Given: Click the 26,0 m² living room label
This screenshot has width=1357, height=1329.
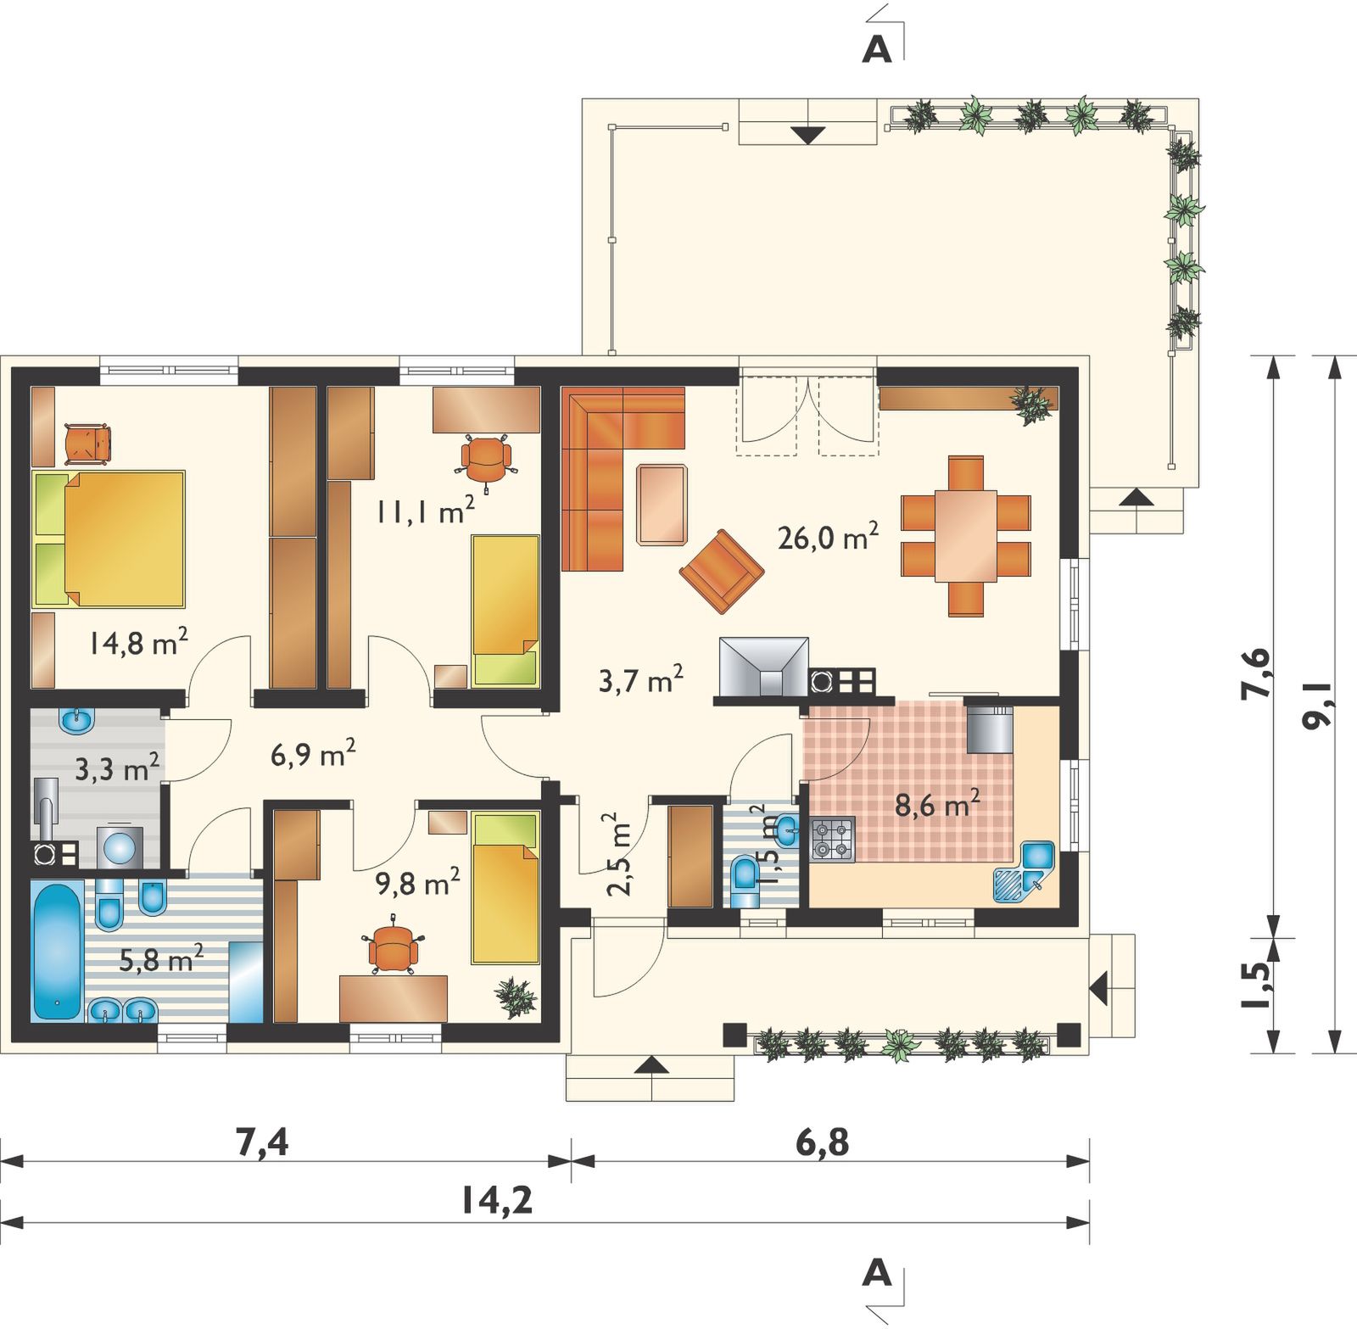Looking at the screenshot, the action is click(828, 536).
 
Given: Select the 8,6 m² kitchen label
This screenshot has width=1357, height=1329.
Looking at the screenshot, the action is click(939, 803).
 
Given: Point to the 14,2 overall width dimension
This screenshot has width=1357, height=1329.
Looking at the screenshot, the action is click(498, 1200).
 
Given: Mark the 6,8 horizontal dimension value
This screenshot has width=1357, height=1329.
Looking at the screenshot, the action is click(822, 1143).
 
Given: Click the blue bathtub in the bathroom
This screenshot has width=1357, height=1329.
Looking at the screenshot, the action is click(58, 950).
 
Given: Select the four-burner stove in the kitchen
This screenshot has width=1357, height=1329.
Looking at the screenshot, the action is click(832, 840).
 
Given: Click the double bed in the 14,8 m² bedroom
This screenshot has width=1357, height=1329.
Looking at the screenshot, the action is click(109, 539).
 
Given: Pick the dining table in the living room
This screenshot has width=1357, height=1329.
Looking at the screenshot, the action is click(966, 536).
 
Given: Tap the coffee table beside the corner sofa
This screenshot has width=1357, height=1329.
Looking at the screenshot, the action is click(662, 503).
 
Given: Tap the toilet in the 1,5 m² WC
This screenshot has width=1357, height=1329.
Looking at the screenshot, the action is click(745, 883).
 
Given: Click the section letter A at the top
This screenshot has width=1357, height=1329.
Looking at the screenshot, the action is click(877, 50).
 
